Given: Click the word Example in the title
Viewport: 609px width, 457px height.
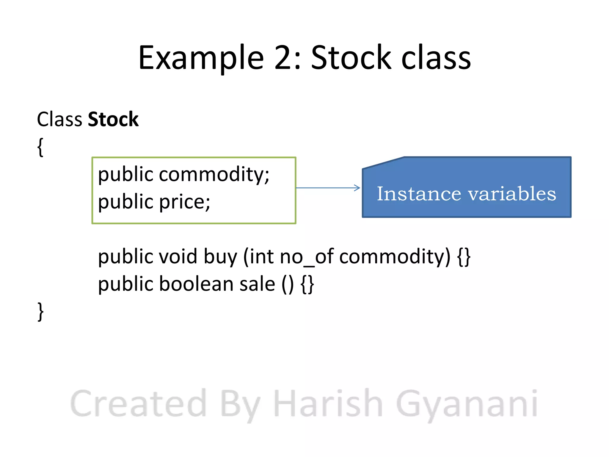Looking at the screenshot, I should (201, 58).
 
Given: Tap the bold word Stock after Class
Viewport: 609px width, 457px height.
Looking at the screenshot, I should (113, 120).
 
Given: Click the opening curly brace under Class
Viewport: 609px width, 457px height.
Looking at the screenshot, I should (40, 147).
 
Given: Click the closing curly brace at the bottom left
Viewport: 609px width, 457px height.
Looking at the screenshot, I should (40, 312).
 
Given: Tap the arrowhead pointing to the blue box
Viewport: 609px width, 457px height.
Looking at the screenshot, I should (357, 188).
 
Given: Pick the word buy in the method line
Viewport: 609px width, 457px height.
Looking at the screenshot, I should (220, 257).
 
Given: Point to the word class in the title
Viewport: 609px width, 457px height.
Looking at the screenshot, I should (436, 58).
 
